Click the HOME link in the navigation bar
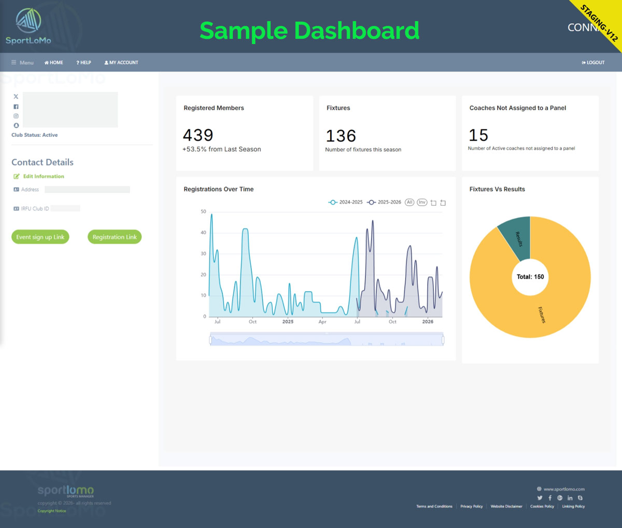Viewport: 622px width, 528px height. (x=54, y=63)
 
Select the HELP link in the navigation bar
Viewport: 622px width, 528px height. (x=83, y=63)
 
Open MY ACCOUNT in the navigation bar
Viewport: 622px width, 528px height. (x=121, y=63)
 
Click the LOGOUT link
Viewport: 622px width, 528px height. (x=593, y=63)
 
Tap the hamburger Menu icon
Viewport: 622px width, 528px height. (x=14, y=63)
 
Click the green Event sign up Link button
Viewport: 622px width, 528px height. (x=40, y=237)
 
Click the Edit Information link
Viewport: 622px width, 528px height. (x=44, y=177)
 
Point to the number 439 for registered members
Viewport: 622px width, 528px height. (x=198, y=136)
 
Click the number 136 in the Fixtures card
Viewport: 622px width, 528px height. (x=341, y=136)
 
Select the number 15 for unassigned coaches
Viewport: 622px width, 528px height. (x=478, y=136)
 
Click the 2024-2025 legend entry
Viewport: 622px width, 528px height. (x=346, y=202)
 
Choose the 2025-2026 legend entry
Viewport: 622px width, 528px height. (x=384, y=202)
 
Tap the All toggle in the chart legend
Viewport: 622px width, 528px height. (x=409, y=202)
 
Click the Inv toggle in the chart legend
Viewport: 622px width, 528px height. (x=422, y=202)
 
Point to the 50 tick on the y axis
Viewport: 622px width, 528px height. (x=203, y=212)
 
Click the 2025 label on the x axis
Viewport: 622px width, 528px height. (x=288, y=322)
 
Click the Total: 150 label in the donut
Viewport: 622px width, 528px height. (x=530, y=277)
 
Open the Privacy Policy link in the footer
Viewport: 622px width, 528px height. (x=471, y=507)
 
